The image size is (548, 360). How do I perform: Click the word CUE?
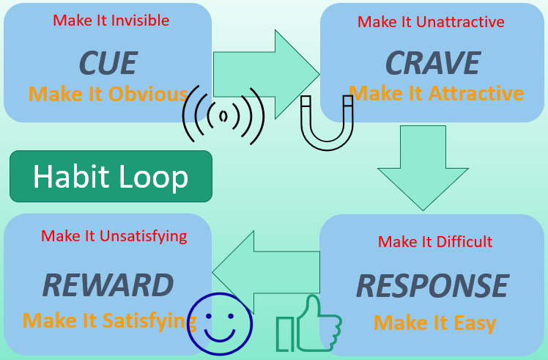(x=107, y=64)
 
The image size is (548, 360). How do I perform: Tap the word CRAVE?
(x=433, y=64)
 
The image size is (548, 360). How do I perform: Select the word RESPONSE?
(x=432, y=286)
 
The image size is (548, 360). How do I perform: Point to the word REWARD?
(x=108, y=285)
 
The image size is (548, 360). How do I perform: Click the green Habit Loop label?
(x=111, y=177)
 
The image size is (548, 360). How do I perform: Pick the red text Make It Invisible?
(x=111, y=21)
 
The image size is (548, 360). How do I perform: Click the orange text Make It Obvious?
(x=108, y=95)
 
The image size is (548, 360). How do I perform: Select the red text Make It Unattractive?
(x=431, y=22)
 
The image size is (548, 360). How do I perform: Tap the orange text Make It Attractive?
(x=437, y=94)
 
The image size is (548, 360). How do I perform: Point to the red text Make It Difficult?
(x=435, y=242)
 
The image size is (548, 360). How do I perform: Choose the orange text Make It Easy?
(x=435, y=323)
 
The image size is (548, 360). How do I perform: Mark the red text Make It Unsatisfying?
(x=114, y=236)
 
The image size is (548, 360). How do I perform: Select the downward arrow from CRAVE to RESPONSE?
(x=423, y=166)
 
